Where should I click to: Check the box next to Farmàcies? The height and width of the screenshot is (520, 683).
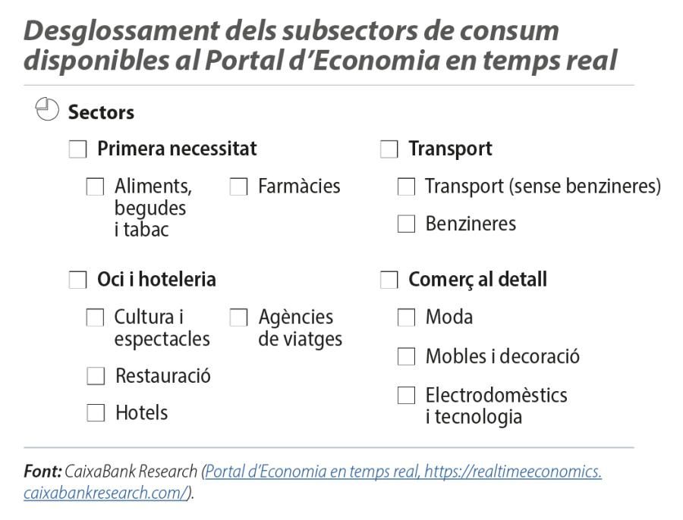point(238,186)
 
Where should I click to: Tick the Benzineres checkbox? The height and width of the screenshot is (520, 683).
point(407,224)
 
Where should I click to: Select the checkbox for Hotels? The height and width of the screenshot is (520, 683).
point(96,413)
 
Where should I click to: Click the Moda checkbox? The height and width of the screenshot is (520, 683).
point(407,318)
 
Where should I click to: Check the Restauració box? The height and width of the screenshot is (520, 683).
point(96,376)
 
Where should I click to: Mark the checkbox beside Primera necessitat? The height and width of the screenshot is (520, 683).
point(77,149)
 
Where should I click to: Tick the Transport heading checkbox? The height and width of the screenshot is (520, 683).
point(389,149)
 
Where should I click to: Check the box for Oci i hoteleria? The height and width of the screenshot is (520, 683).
point(77,280)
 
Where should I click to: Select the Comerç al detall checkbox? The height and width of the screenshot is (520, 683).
point(389,280)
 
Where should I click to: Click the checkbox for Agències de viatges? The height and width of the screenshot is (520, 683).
point(238,318)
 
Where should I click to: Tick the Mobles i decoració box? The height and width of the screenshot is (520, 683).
point(407,356)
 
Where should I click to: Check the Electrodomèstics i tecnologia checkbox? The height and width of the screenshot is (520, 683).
point(407,395)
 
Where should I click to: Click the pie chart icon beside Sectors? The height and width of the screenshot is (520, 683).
point(47,109)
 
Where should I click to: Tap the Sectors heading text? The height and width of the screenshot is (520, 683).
point(101,113)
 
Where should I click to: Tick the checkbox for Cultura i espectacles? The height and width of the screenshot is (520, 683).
point(96,318)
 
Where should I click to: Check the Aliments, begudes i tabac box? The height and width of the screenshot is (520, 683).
point(96,186)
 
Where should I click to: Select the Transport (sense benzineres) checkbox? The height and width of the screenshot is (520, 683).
point(407,186)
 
